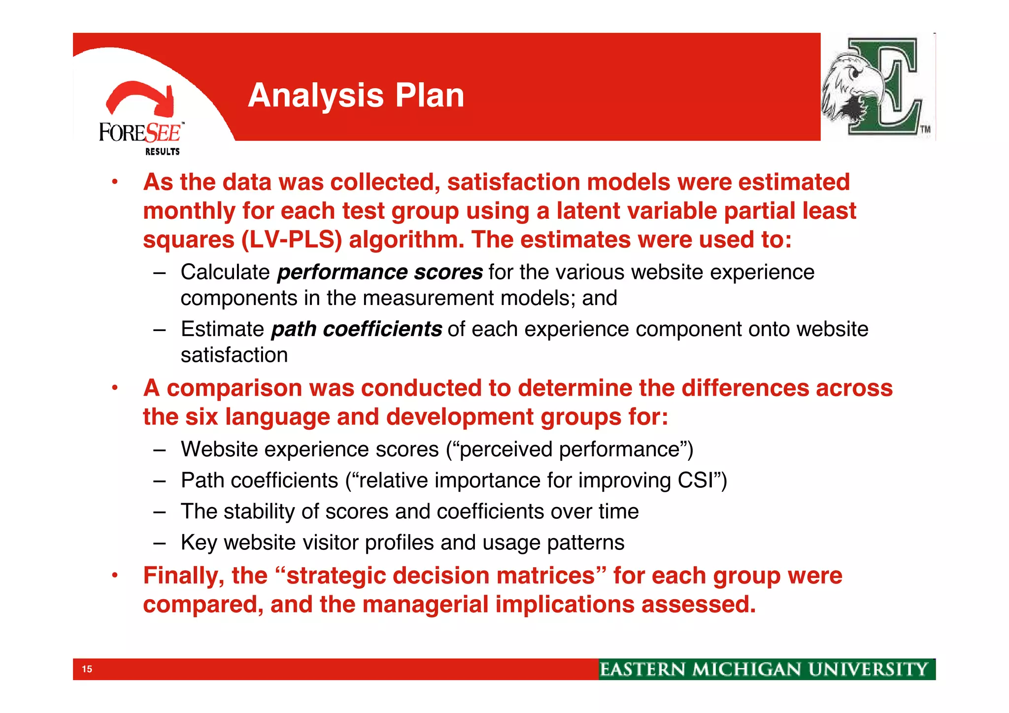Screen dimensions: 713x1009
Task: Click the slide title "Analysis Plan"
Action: [x=356, y=95]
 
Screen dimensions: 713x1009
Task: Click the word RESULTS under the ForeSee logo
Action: [x=162, y=152]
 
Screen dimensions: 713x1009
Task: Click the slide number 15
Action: [x=87, y=669]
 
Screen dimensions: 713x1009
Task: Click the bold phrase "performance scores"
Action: [x=380, y=272]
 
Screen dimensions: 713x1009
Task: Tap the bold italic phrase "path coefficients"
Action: [x=356, y=329]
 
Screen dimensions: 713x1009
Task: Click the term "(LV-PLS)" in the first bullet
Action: [x=292, y=240]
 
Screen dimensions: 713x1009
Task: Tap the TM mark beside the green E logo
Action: [x=926, y=130]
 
